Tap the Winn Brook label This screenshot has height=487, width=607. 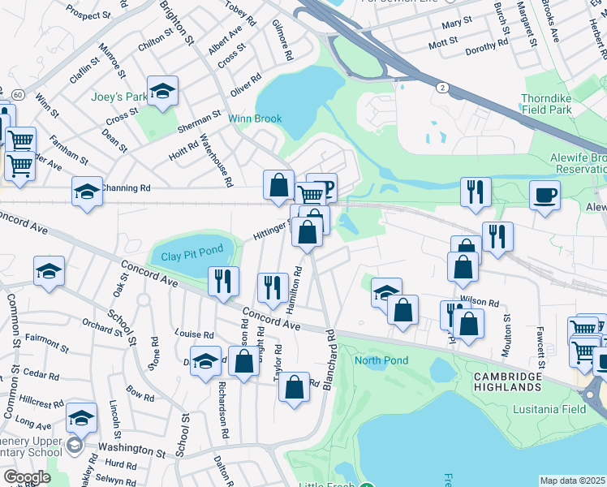coord(255,119)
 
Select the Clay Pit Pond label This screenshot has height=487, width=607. coord(192,256)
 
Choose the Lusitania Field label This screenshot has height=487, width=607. coord(549,409)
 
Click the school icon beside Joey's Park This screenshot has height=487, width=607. coord(162,93)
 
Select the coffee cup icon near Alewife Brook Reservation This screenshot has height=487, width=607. coord(545,196)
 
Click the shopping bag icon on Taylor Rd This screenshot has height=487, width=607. coord(294,386)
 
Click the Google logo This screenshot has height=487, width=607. coord(27,477)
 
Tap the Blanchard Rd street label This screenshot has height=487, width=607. coord(329,359)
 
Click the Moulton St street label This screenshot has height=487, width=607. coord(507,328)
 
